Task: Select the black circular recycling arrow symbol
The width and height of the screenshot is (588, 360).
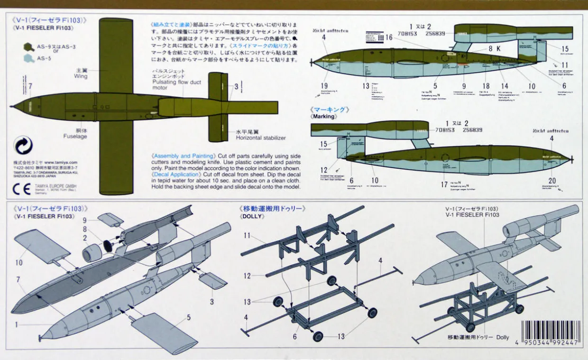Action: (23, 146)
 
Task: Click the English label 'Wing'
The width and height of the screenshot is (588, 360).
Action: (81, 76)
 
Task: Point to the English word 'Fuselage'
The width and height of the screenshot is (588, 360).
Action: (75, 136)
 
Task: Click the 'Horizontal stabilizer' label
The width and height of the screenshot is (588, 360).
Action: (261, 138)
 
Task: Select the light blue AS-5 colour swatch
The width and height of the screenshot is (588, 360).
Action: (29, 59)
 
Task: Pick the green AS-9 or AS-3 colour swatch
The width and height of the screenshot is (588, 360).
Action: (29, 47)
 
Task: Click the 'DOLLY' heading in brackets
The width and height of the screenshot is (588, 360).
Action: (252, 216)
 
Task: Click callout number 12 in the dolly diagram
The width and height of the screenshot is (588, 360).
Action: (247, 276)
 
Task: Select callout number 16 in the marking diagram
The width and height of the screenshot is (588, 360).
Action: (388, 37)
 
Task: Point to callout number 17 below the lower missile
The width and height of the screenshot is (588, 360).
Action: (444, 185)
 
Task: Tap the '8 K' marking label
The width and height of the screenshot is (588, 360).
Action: (495, 48)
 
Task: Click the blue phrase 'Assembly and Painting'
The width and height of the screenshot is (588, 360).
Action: (183, 156)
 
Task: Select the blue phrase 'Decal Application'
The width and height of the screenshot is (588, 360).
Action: (182, 174)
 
